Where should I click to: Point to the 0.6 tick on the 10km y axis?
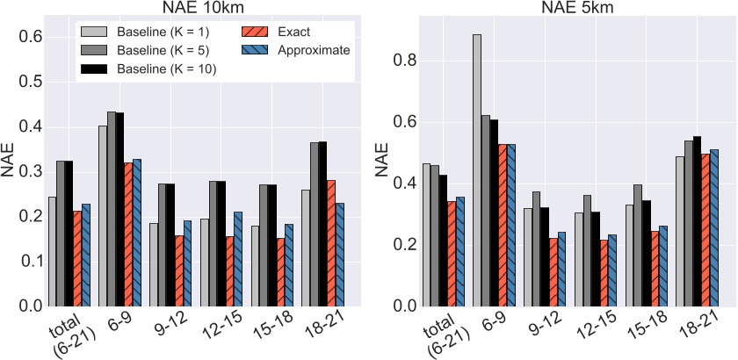pyautogui.click(x=30, y=36)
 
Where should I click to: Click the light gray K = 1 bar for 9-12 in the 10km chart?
pyautogui.click(x=154, y=264)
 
